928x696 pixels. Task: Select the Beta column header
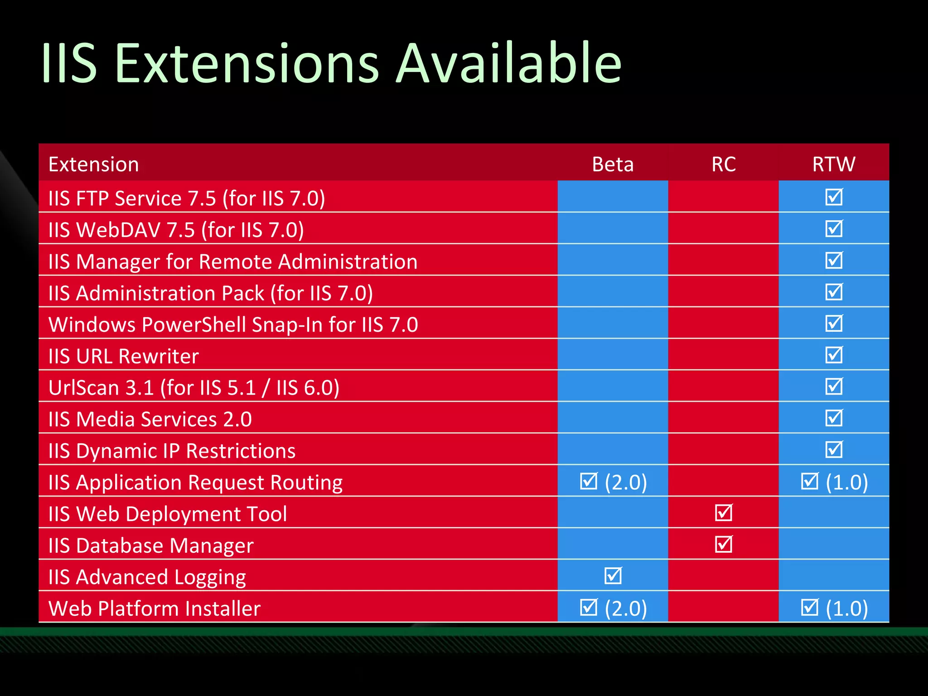coord(613,164)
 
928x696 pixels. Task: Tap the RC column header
coord(723,164)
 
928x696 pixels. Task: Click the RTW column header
coord(834,164)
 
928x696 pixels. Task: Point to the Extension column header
coord(94,164)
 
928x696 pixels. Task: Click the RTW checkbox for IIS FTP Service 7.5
coord(834,197)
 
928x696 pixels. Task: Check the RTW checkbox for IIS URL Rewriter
coord(834,355)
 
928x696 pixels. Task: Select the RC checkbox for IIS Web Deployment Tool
coord(723,512)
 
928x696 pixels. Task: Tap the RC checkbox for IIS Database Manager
coord(723,544)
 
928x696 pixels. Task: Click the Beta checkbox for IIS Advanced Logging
coord(613,576)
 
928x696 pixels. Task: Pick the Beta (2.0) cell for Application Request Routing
coord(614,482)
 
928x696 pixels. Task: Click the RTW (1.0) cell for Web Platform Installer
coord(834,608)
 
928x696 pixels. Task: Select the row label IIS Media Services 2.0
coord(150,419)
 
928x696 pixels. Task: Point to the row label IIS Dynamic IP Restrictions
coord(172,451)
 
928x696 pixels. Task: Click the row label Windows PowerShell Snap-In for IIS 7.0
coord(233,324)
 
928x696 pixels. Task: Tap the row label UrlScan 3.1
coord(193,388)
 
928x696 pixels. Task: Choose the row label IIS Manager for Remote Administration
coord(233,261)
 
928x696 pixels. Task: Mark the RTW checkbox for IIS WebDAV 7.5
coord(834,228)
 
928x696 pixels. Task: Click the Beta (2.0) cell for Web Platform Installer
coord(614,608)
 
